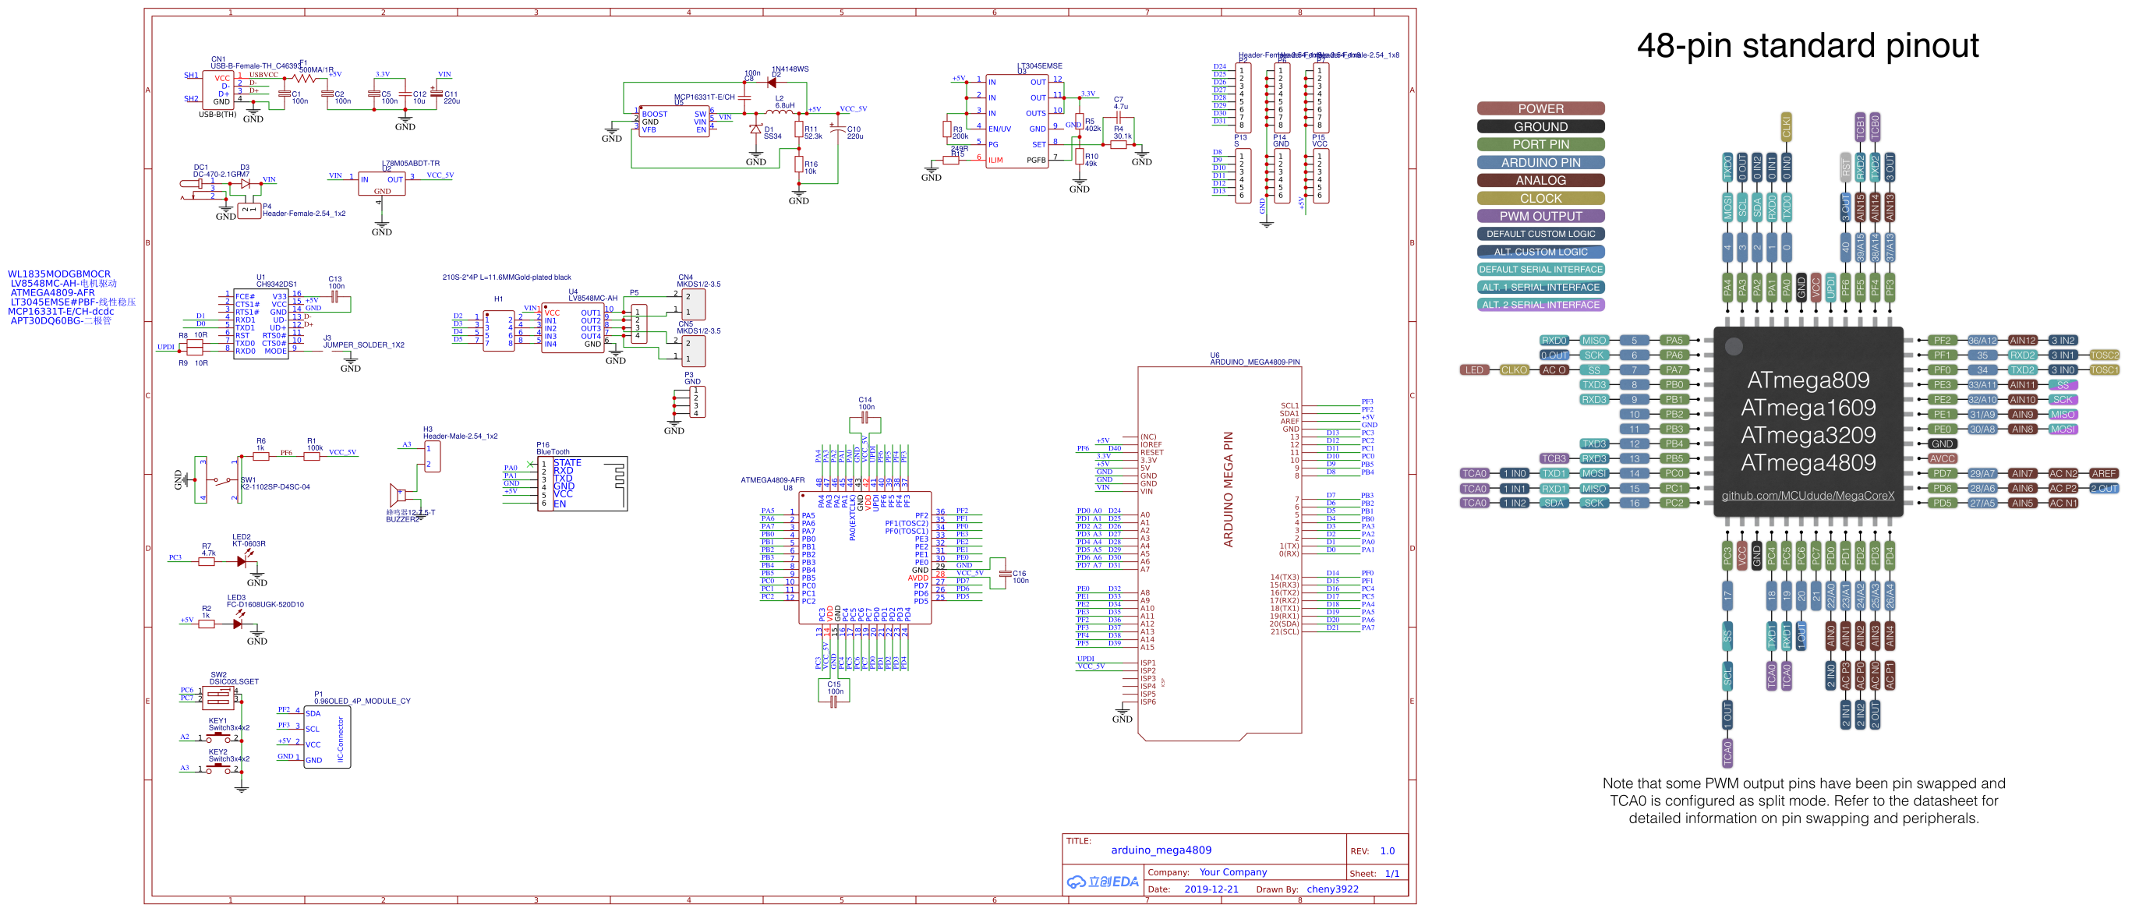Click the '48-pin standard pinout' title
(x=1807, y=45)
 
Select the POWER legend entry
(x=1540, y=108)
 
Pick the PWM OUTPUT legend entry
(x=1540, y=216)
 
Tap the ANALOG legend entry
(x=1540, y=180)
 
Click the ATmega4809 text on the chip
(x=1808, y=462)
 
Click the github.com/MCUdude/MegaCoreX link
(x=1808, y=496)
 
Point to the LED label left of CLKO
(x=1474, y=370)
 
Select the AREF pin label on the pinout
(x=2102, y=473)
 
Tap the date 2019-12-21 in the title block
(x=1211, y=889)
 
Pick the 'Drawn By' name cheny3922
(x=1331, y=889)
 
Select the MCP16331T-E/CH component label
(x=703, y=97)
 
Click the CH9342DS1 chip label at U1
(x=276, y=284)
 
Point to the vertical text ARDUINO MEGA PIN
(x=1229, y=488)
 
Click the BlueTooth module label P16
(x=552, y=451)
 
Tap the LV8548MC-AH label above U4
(x=592, y=298)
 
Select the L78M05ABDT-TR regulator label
(x=411, y=163)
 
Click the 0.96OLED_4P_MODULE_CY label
(x=362, y=701)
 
